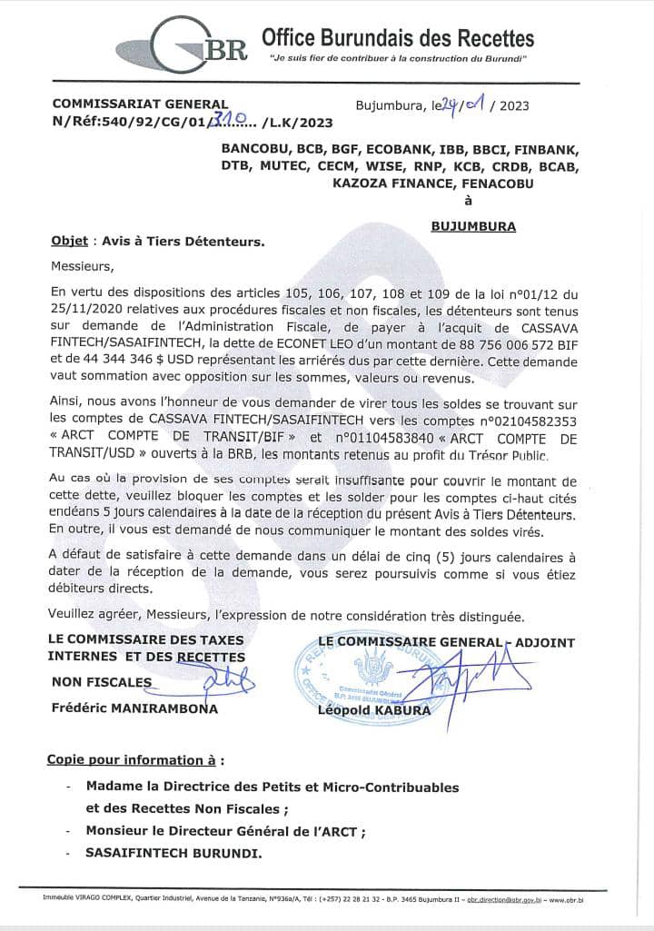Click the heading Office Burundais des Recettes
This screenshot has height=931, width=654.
point(398,37)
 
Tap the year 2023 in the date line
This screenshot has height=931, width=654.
point(510,105)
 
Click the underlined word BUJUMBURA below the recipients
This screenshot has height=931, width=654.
point(473,226)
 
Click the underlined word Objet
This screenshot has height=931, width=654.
point(69,242)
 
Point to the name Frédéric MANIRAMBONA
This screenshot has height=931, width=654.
point(134,708)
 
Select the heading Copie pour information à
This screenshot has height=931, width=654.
point(135,760)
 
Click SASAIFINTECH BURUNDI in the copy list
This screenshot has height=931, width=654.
point(173,854)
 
